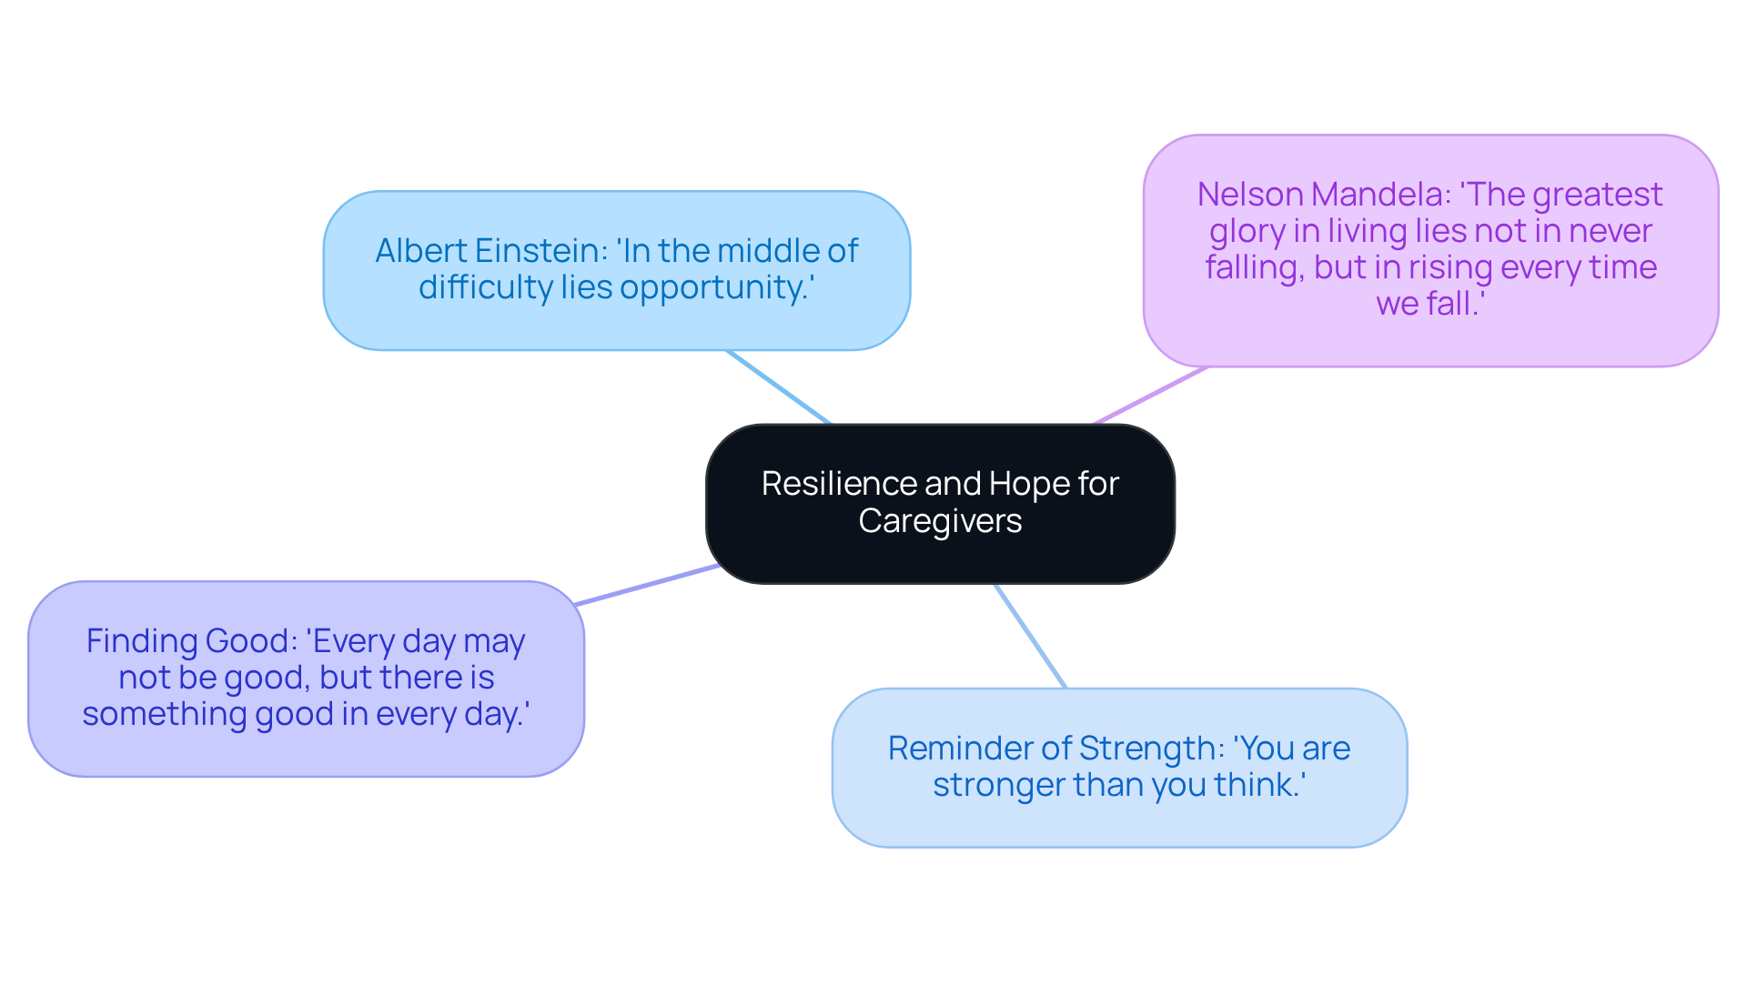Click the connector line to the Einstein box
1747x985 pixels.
(779, 387)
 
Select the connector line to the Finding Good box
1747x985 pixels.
(646, 585)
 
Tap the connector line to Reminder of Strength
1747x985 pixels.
(1030, 636)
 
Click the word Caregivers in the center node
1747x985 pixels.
(940, 521)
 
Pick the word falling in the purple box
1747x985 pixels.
(1254, 267)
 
